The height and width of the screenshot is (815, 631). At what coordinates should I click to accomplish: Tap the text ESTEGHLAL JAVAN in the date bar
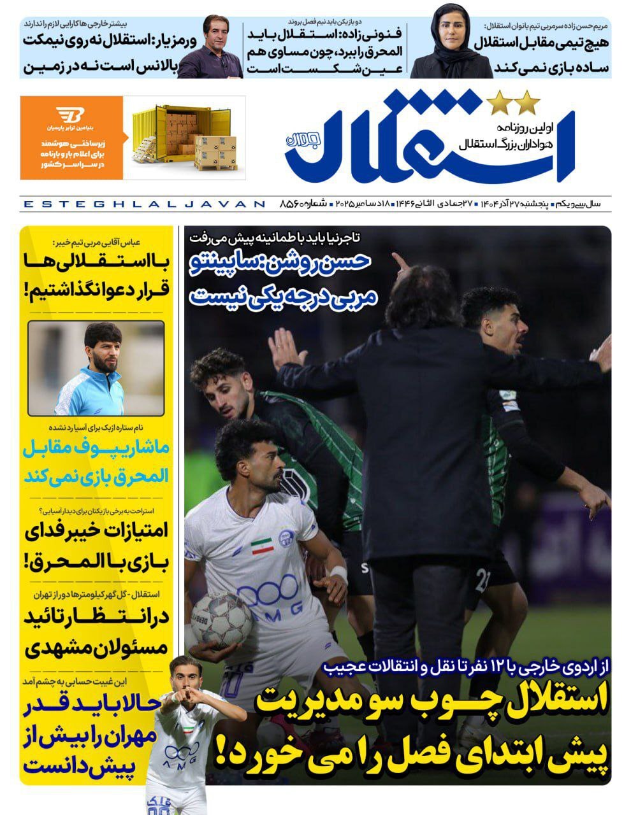[143, 204]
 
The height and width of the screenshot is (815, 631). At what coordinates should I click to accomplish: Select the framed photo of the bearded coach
[96, 369]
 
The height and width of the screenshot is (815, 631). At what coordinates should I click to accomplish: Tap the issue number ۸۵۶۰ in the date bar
[296, 204]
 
